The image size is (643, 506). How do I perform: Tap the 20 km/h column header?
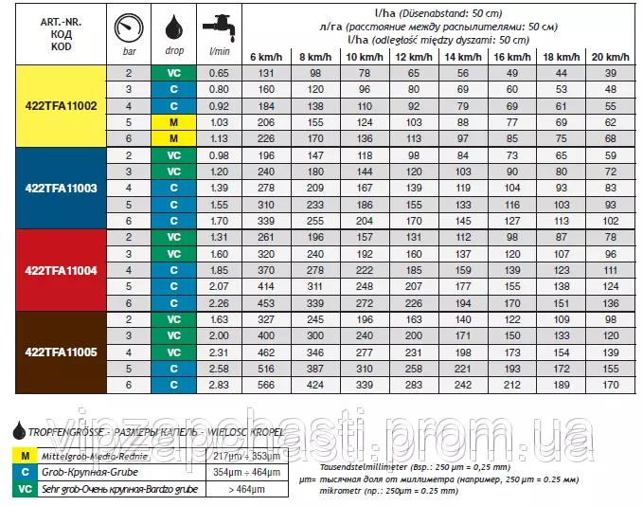tap(610, 58)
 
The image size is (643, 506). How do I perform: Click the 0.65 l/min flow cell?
tap(219, 73)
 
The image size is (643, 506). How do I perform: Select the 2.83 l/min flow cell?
tap(219, 386)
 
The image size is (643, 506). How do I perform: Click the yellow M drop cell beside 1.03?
tap(174, 123)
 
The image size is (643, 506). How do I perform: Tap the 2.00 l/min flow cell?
tap(219, 336)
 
